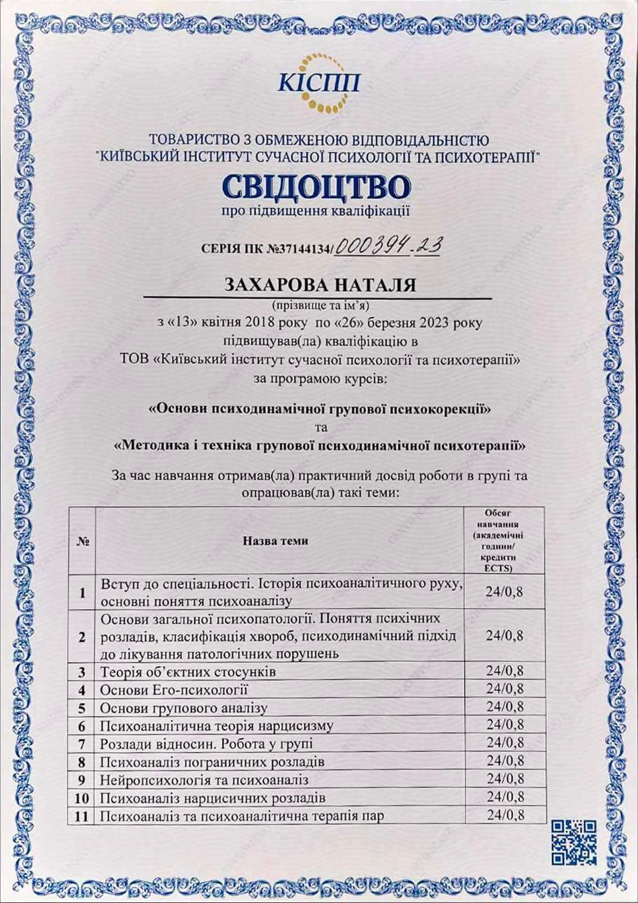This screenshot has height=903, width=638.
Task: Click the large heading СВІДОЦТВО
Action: point(319,187)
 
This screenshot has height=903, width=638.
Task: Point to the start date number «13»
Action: point(185,323)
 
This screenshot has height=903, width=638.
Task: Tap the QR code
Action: point(574,842)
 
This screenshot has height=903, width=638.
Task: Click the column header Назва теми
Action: point(276,541)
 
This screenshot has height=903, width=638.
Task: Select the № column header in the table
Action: point(82,541)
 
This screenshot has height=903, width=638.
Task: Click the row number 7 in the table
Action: point(82,744)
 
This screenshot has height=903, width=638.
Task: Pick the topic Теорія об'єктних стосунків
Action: point(188,672)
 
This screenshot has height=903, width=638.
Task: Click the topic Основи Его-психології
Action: point(174,690)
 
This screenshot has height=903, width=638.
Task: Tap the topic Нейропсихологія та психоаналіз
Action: point(204,780)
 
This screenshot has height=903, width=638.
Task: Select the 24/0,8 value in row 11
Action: point(505,815)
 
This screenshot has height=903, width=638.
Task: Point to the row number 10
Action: point(82,798)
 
